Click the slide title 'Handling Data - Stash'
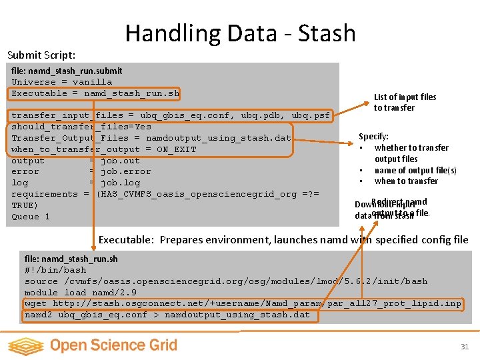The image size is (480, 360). [240, 33]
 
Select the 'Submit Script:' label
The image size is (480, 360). [41, 55]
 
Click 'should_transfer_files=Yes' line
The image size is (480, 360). [81, 127]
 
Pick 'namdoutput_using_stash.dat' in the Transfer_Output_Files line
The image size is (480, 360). [219, 138]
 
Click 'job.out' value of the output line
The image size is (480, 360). [120, 161]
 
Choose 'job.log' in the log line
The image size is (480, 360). [120, 183]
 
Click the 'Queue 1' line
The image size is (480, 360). [31, 217]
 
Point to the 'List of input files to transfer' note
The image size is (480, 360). [405, 102]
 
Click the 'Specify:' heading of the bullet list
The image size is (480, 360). [373, 136]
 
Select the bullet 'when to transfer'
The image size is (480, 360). [406, 181]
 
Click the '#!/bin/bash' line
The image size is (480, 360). [55, 270]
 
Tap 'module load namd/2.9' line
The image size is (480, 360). [81, 293]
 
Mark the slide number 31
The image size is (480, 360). [465, 346]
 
